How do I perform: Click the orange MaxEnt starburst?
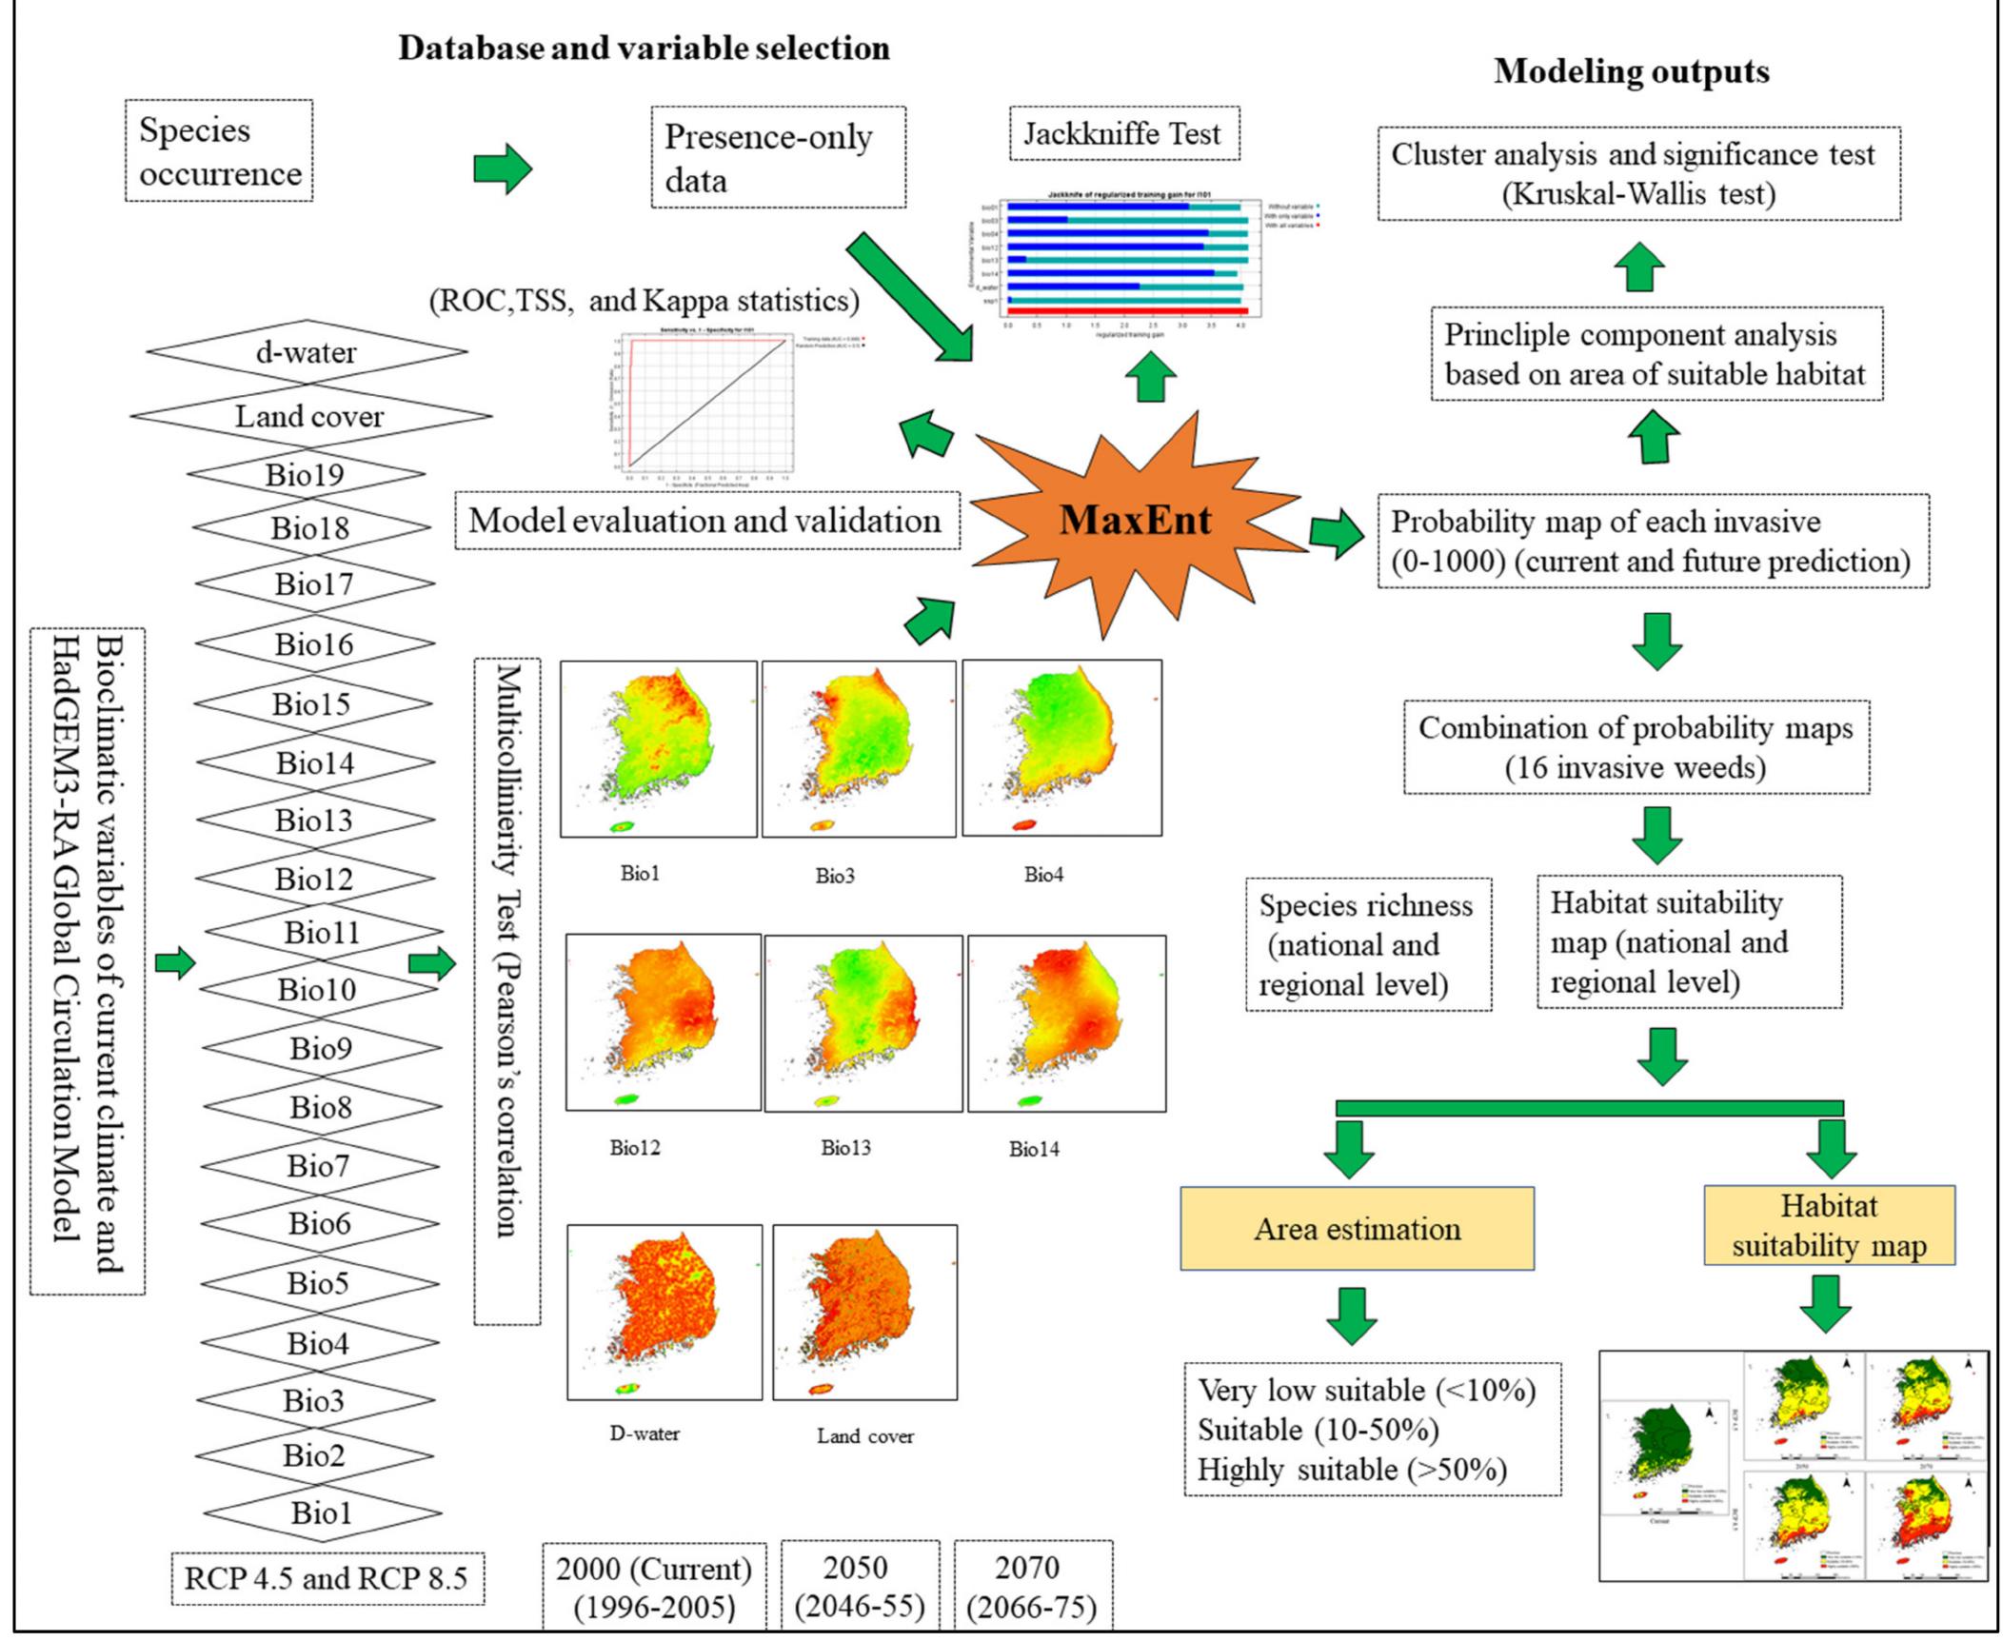tap(1135, 522)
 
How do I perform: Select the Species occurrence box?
tap(219, 151)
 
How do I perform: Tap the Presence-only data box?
tap(778, 158)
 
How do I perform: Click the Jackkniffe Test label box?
tap(1123, 134)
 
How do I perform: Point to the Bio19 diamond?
tap(306, 474)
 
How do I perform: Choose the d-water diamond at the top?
tap(307, 352)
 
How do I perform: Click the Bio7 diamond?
tap(319, 1165)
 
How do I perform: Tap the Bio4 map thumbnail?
tap(1061, 749)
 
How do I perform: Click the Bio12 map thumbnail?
tap(663, 1022)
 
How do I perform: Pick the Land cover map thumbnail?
tap(864, 1312)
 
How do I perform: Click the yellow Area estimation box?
tap(1357, 1228)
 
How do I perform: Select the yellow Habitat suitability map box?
tap(1829, 1225)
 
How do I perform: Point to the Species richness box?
tap(1367, 944)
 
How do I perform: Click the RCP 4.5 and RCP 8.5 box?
tap(327, 1578)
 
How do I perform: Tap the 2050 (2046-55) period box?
tap(860, 1586)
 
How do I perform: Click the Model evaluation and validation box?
tap(705, 521)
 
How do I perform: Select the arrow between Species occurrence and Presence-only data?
tap(503, 169)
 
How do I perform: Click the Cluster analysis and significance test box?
tap(1637, 174)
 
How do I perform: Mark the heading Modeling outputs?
tap(1631, 71)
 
